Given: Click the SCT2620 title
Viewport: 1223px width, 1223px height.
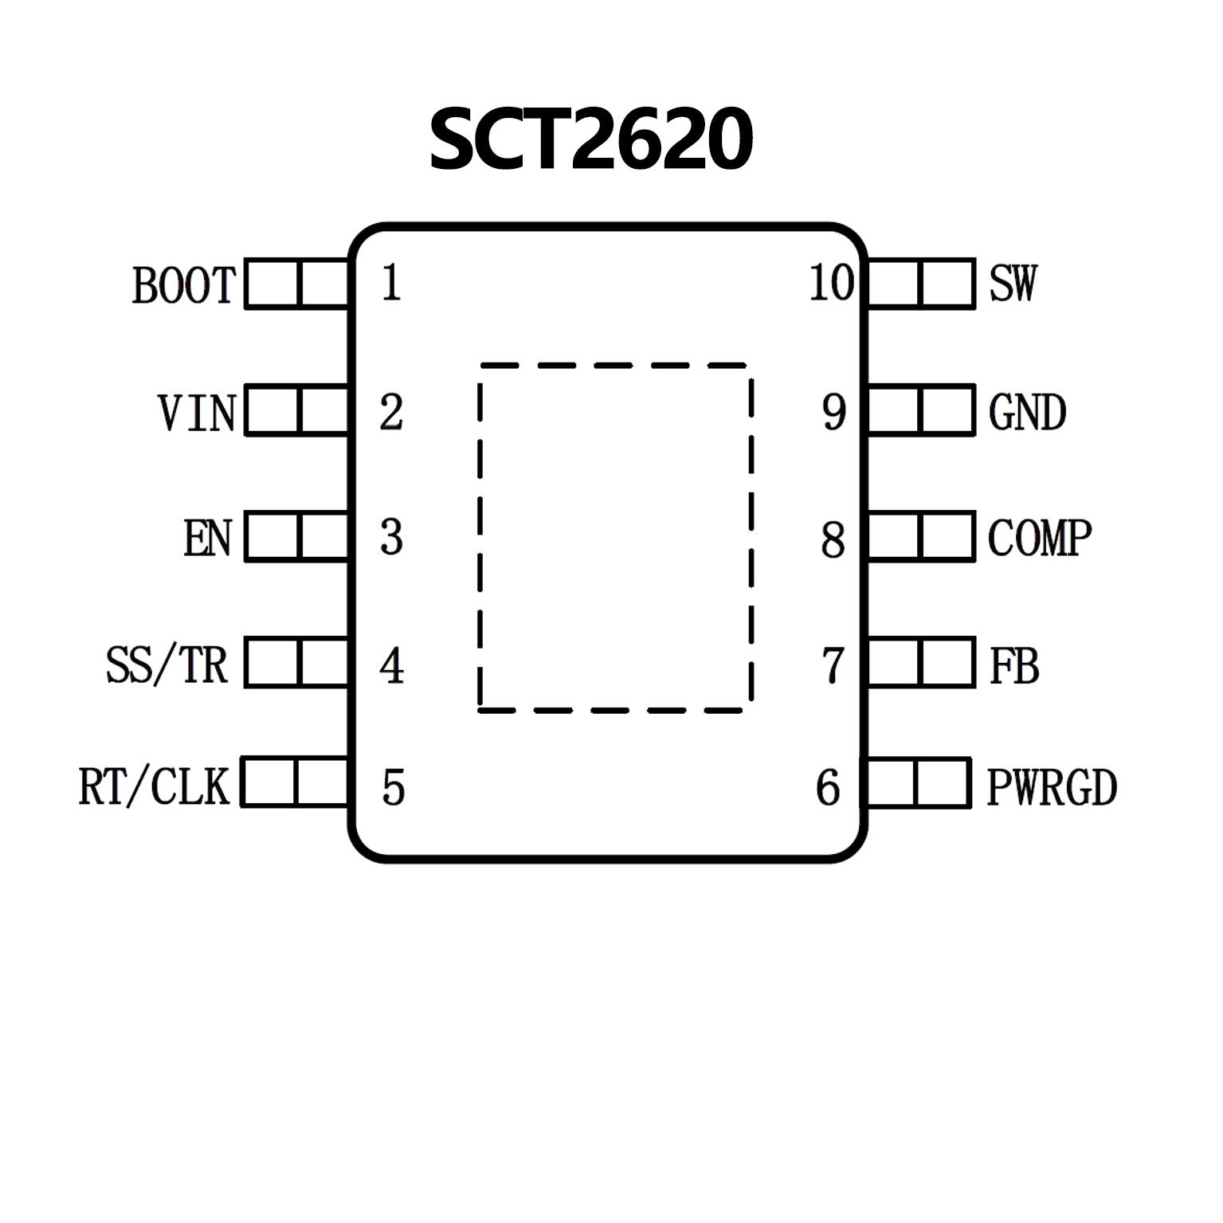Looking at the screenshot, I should (x=590, y=140).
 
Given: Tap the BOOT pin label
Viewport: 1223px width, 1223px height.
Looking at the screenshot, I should (x=184, y=285).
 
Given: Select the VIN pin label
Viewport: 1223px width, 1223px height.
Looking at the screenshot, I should (x=197, y=413).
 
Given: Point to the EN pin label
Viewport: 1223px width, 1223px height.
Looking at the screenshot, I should (x=207, y=539).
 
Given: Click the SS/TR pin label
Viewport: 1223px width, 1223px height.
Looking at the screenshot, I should (x=167, y=665).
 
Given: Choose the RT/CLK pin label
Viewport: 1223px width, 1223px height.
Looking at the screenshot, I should (x=154, y=786).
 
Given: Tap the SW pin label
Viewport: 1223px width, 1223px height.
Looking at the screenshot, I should (x=1013, y=283).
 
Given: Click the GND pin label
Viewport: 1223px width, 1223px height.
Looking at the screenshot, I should (x=1027, y=413).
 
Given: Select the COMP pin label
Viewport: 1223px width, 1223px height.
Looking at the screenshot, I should (x=1039, y=539).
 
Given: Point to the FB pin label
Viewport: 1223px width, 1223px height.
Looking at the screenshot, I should (x=1014, y=666).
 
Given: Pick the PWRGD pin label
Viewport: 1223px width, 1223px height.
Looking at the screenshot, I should (x=1052, y=787).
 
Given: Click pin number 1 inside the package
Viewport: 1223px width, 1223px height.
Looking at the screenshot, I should (x=390, y=283).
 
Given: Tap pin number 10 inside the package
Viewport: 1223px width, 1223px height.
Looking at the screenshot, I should (x=831, y=283).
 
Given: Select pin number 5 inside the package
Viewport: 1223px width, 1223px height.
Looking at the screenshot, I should (x=394, y=787).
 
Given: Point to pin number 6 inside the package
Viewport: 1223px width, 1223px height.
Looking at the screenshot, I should (x=828, y=787).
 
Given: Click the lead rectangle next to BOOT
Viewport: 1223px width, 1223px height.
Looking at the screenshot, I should (x=297, y=283).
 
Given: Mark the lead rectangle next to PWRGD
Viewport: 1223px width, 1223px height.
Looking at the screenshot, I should (x=919, y=783).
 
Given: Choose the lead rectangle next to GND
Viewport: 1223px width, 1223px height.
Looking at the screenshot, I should (x=921, y=410).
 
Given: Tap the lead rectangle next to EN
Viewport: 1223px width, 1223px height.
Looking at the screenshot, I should (x=297, y=536).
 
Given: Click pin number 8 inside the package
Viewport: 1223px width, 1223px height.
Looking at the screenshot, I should (x=833, y=539).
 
